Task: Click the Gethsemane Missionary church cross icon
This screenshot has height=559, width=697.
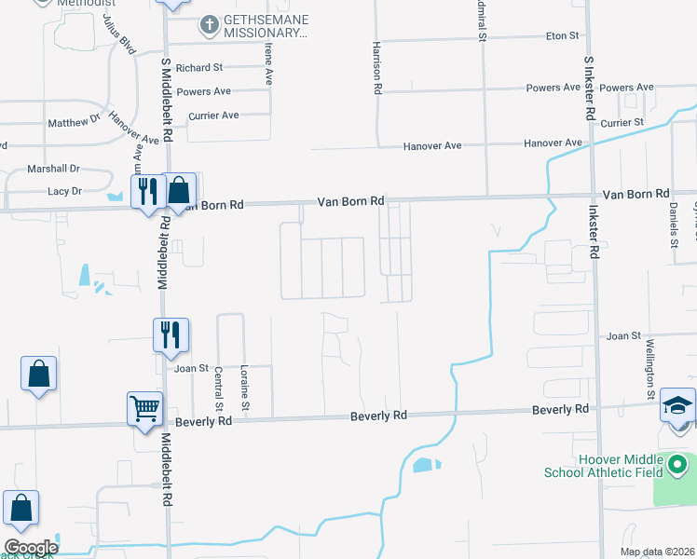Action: [x=211, y=23]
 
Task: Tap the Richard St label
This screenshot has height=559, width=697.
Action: [x=199, y=68]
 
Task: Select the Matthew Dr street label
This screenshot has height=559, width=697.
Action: [x=74, y=122]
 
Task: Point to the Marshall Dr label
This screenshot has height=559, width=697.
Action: [x=54, y=169]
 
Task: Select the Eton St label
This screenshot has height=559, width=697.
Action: [x=562, y=35]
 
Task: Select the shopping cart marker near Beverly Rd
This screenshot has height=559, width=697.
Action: [x=145, y=407]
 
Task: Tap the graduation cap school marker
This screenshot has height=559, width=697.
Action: [x=678, y=404]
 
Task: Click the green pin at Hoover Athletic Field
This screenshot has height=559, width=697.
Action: [x=678, y=462]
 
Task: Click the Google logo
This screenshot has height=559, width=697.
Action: [x=30, y=548]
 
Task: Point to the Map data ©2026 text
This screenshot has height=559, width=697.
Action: [x=656, y=552]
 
